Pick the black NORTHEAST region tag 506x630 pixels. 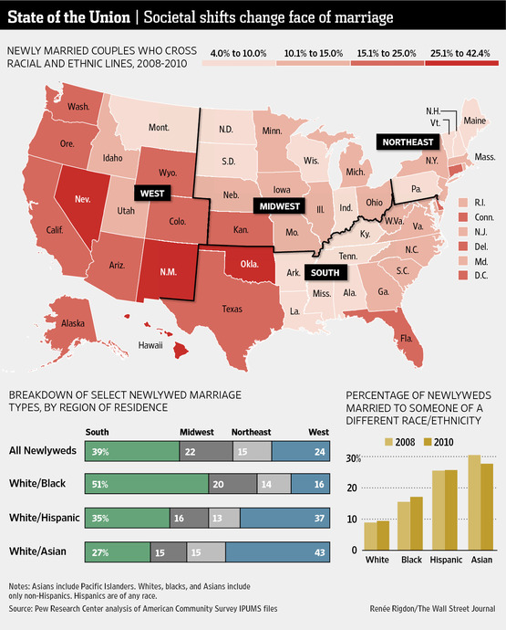click(x=408, y=142)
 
